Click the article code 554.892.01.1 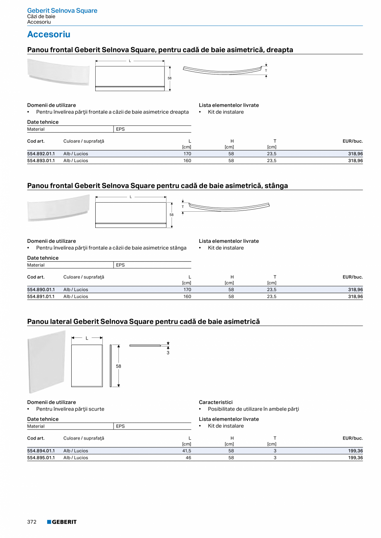click(41, 153)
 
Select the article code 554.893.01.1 click(41, 160)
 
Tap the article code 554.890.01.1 click(41, 289)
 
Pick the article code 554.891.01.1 click(41, 296)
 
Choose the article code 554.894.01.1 click(41, 451)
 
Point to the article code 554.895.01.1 click(41, 458)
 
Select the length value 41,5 click(187, 451)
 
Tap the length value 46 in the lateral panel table click(188, 458)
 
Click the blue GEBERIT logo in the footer click(62, 522)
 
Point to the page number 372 click(32, 522)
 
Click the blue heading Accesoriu click(48, 34)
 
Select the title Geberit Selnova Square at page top click(62, 11)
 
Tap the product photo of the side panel click(47, 362)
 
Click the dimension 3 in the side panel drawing click(168, 353)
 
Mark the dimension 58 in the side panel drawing click(118, 366)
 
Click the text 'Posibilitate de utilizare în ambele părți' click(253, 409)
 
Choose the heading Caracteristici click(216, 402)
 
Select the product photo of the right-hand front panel click(58, 72)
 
